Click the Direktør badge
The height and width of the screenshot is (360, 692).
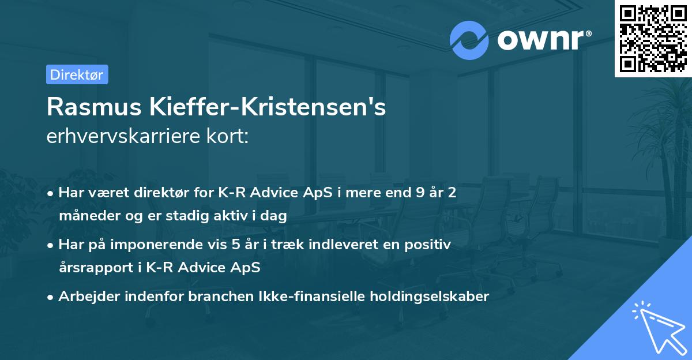(77, 74)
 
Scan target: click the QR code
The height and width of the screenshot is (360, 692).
(653, 38)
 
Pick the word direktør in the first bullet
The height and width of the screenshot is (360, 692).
(163, 192)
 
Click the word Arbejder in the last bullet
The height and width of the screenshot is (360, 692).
(85, 297)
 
